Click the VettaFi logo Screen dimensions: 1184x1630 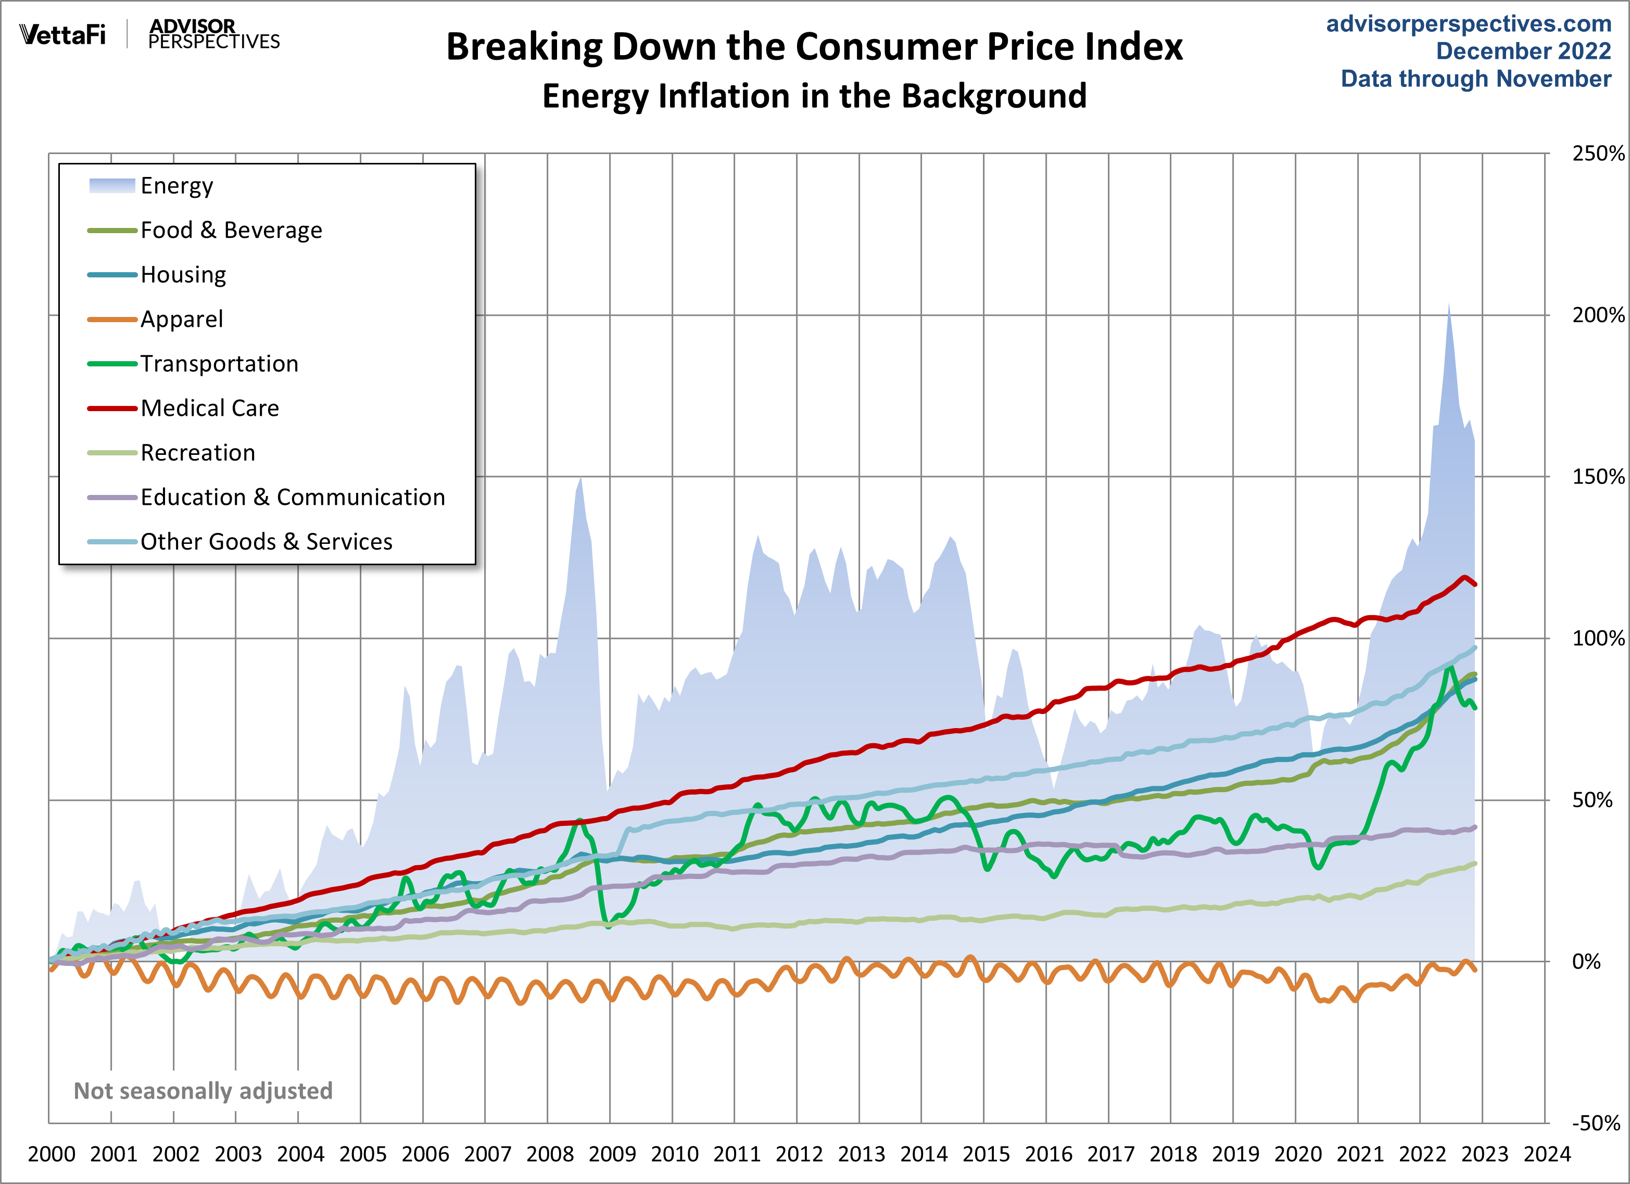(x=62, y=34)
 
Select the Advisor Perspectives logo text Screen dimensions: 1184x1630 (x=213, y=34)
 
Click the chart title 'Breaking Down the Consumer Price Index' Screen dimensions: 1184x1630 (x=814, y=47)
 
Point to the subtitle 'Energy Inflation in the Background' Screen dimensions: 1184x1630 (x=814, y=96)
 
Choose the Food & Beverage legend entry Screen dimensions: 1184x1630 (x=231, y=230)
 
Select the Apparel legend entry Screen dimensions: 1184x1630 (x=181, y=319)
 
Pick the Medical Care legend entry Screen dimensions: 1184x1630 (x=209, y=408)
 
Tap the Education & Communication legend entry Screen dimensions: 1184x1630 (x=293, y=497)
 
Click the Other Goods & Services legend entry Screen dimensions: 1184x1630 (x=266, y=542)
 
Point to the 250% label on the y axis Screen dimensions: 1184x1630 (x=1597, y=153)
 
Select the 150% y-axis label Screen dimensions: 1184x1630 (x=1597, y=476)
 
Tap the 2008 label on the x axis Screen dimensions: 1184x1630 (x=550, y=1154)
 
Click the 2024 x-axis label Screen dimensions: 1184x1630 (x=1547, y=1154)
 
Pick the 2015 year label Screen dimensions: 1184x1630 (x=986, y=1154)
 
